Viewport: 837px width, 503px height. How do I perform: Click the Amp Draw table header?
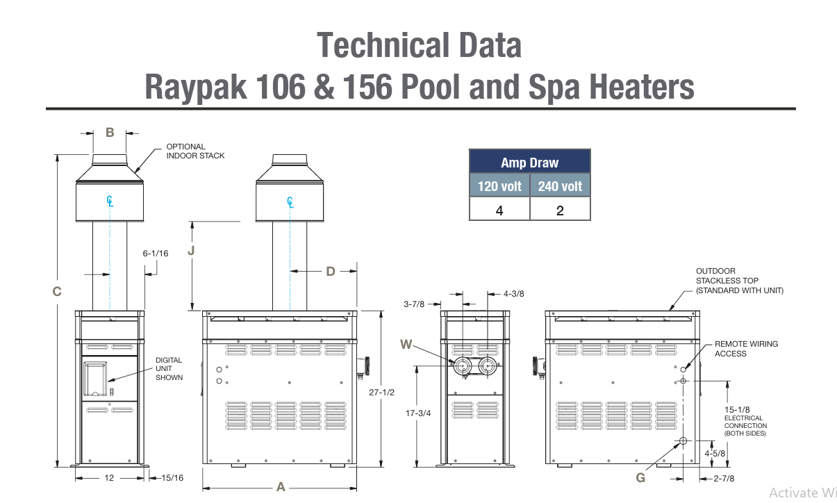pyautogui.click(x=529, y=162)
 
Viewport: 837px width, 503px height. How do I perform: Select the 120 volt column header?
pyautogui.click(x=499, y=185)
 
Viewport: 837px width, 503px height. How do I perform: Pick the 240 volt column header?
pyautogui.click(x=560, y=185)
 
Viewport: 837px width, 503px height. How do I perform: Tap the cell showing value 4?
pyautogui.click(x=499, y=210)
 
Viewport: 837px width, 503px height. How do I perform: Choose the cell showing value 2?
pyautogui.click(x=560, y=210)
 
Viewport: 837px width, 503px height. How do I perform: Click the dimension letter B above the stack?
pyautogui.click(x=110, y=132)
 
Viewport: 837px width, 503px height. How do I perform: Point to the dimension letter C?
pyautogui.click(x=57, y=291)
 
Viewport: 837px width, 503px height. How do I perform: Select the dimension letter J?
pyautogui.click(x=191, y=250)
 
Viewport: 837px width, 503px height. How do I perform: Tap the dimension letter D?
pyautogui.click(x=331, y=272)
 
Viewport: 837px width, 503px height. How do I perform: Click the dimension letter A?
pyautogui.click(x=281, y=487)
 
